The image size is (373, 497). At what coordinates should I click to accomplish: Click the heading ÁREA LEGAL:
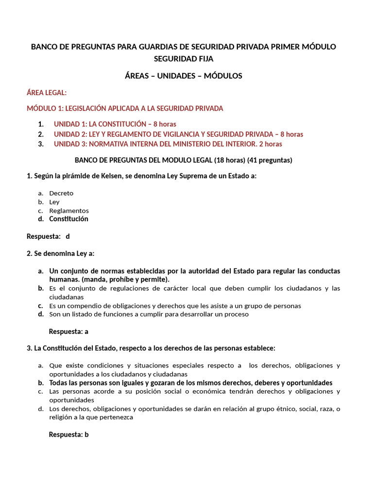47,93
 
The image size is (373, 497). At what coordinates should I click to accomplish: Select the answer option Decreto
61,193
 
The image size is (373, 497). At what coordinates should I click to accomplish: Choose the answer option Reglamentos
69,211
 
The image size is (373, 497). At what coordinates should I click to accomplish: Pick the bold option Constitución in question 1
68,219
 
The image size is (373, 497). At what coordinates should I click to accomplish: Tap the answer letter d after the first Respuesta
68,236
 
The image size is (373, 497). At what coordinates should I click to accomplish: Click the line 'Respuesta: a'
68,332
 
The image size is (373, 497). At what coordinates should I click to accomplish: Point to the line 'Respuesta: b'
68,434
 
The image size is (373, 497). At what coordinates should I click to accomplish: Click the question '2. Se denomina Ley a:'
61,253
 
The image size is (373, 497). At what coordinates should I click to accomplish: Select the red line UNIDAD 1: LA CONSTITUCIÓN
115,124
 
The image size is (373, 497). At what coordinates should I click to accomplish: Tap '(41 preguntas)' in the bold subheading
270,160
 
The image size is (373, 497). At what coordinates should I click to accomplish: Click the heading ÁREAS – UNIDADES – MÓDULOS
184,76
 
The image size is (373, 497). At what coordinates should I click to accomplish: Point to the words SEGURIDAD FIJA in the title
184,59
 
